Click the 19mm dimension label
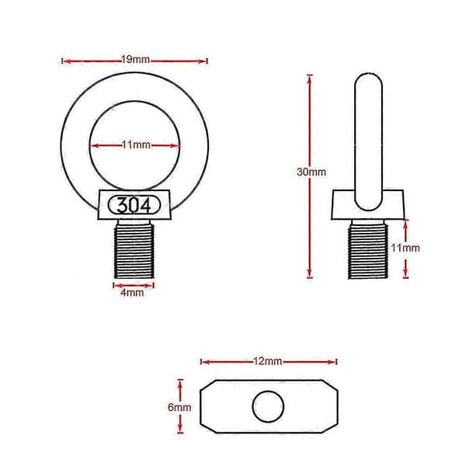click(135, 60)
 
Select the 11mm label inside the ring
click(136, 145)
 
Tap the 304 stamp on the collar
click(134, 205)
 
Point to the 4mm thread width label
click(132, 293)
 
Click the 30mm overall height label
click(311, 172)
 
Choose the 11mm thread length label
click(405, 248)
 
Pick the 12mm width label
click(267, 361)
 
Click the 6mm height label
click(179, 407)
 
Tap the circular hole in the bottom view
click(268, 406)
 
